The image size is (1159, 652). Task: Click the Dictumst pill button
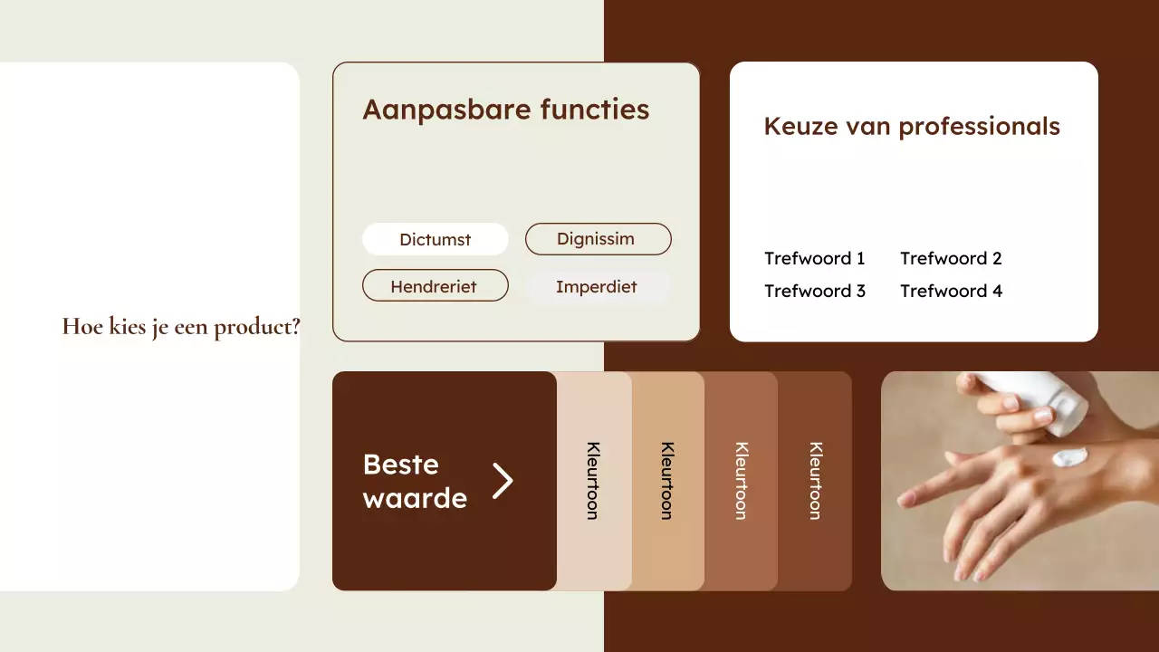pos(436,240)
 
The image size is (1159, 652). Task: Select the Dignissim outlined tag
pos(598,239)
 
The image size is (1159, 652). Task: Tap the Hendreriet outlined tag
pos(435,286)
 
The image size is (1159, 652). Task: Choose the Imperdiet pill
pos(597,286)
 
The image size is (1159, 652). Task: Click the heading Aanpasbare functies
pos(506,110)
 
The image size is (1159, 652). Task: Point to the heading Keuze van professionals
pos(912,126)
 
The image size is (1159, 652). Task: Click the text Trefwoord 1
pos(815,258)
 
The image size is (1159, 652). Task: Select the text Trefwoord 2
pos(951,258)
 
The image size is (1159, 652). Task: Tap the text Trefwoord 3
pos(815,291)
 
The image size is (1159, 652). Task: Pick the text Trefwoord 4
pos(951,291)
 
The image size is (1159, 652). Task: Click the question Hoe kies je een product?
pos(181,327)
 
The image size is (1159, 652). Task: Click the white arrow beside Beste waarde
pos(503,481)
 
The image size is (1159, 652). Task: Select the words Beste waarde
pos(415,481)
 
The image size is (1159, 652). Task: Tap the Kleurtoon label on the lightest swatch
pos(593,481)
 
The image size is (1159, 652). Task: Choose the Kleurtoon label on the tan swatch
pos(667,481)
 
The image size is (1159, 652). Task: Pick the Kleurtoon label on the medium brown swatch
pos(742,481)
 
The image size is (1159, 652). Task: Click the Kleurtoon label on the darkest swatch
pos(816,481)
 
